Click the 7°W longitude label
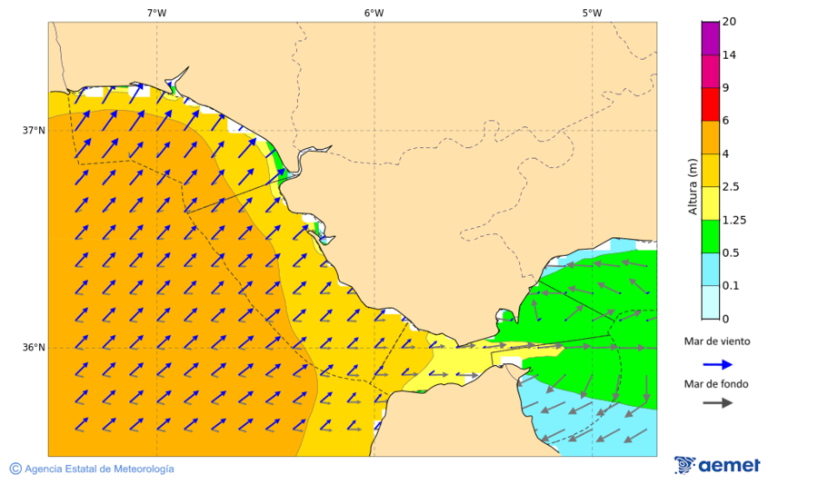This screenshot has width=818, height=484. click(x=156, y=13)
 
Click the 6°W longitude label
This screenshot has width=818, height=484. click(x=374, y=13)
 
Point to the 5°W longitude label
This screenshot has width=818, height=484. click(x=592, y=13)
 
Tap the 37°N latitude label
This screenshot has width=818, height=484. click(x=34, y=130)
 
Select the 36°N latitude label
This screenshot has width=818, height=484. click(x=34, y=347)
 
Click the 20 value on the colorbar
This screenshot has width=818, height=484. click(x=728, y=22)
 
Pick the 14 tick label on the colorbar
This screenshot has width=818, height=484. click(x=728, y=54)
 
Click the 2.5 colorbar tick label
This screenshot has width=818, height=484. click(x=731, y=187)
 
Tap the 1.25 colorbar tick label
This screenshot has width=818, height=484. click(x=733, y=220)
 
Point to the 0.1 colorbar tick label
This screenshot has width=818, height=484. click(x=731, y=286)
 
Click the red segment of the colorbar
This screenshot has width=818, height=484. click(x=710, y=104)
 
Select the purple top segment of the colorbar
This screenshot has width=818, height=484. click(x=710, y=38)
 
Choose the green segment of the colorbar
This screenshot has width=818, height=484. click(x=710, y=236)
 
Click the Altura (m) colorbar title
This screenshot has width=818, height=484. click(x=693, y=187)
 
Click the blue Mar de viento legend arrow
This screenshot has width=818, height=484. click(x=718, y=364)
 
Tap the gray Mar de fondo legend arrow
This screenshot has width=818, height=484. click(x=718, y=402)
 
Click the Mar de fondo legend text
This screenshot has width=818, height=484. click(x=716, y=384)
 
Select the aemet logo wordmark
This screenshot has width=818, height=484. click(x=728, y=465)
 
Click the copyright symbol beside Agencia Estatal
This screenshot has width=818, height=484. click(x=15, y=469)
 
